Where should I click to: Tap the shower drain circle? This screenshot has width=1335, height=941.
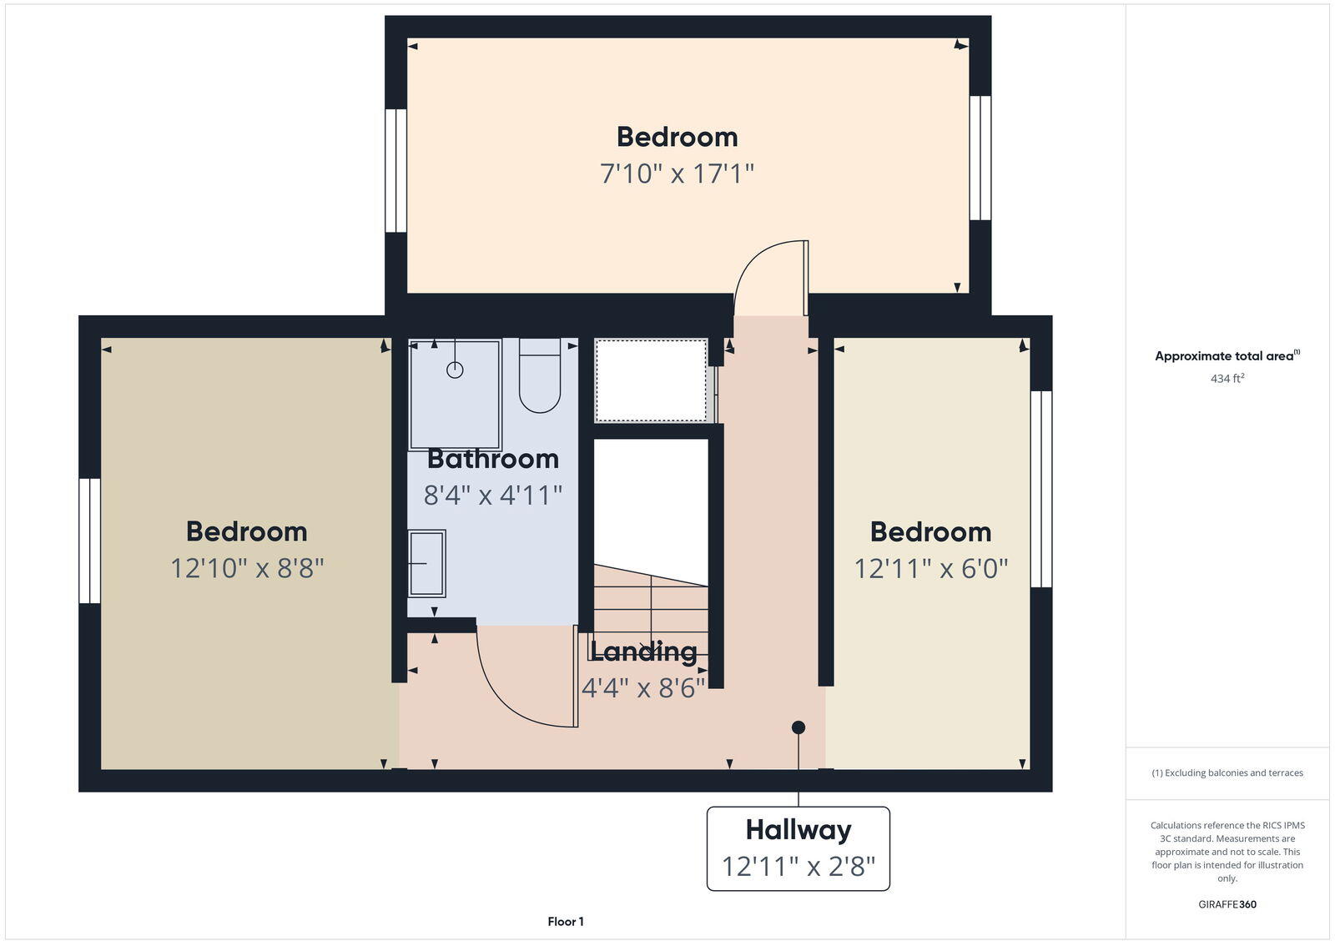455,370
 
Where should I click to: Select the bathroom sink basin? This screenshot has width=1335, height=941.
426,564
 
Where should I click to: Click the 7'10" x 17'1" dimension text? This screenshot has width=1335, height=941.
677,174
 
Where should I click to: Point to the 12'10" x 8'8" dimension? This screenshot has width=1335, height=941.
247,568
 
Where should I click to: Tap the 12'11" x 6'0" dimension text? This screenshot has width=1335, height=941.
930,568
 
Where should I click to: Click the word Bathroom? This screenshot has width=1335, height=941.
492,459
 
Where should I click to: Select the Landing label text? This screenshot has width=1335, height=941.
643,652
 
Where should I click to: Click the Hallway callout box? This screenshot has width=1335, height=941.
798,848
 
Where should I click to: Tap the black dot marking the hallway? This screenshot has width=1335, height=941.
798,727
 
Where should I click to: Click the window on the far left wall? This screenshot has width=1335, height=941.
89,541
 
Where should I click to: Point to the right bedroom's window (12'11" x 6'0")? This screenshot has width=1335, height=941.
1041,489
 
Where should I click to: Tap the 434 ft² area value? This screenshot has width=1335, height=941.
1227,379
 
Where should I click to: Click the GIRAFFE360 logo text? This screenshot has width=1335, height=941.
1227,904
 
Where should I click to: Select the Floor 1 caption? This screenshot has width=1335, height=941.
566,922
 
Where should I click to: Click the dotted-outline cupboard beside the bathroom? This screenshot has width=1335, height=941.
651,380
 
